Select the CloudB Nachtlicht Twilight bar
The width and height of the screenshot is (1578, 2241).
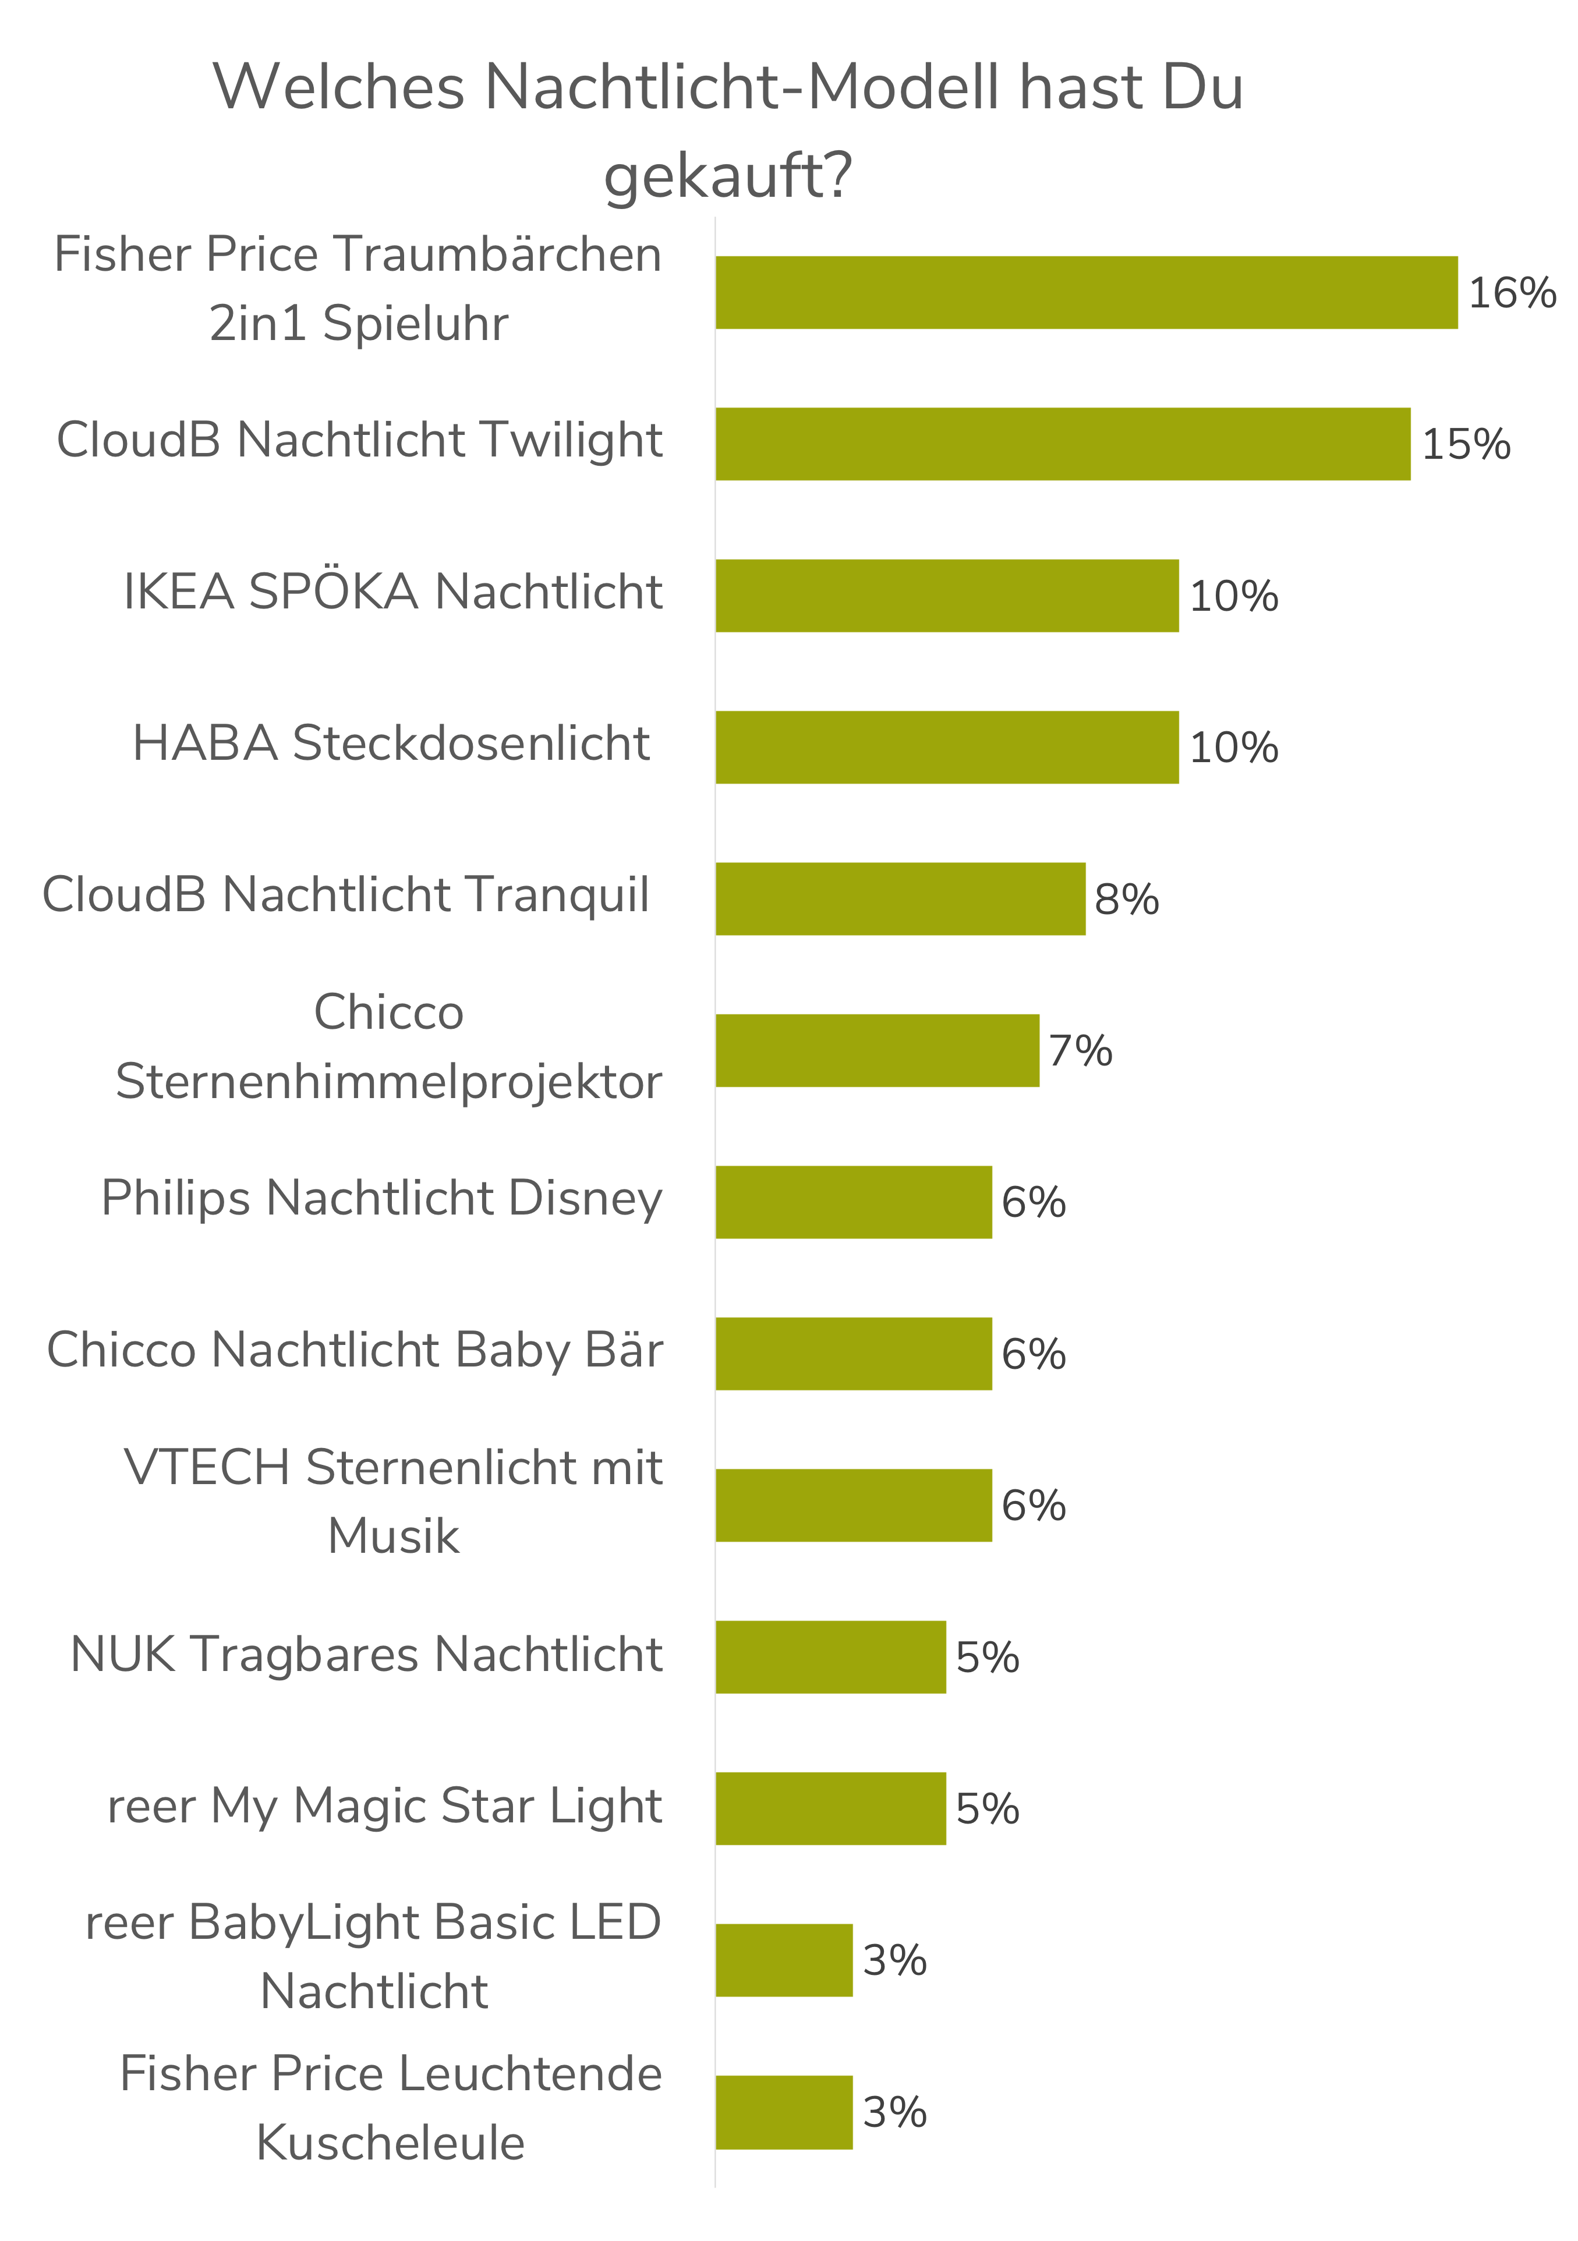click(x=1063, y=444)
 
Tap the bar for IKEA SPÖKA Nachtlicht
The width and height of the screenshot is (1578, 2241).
click(x=947, y=596)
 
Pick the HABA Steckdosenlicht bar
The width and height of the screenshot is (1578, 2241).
click(x=947, y=746)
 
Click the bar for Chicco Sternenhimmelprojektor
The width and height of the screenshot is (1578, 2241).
click(x=878, y=1050)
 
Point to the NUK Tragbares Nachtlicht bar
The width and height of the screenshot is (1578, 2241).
click(x=830, y=1656)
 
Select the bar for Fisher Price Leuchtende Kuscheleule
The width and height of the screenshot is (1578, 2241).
click(x=784, y=2112)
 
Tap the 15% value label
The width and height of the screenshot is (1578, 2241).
click(x=1466, y=444)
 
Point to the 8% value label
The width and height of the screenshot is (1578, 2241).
click(x=1126, y=899)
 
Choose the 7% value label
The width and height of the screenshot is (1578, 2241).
click(x=1080, y=1051)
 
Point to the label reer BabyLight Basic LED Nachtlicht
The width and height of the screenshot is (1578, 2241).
click(x=374, y=1956)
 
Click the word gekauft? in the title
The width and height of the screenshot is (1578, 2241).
click(x=728, y=176)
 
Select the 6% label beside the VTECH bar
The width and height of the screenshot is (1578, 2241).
click(x=1034, y=1505)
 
